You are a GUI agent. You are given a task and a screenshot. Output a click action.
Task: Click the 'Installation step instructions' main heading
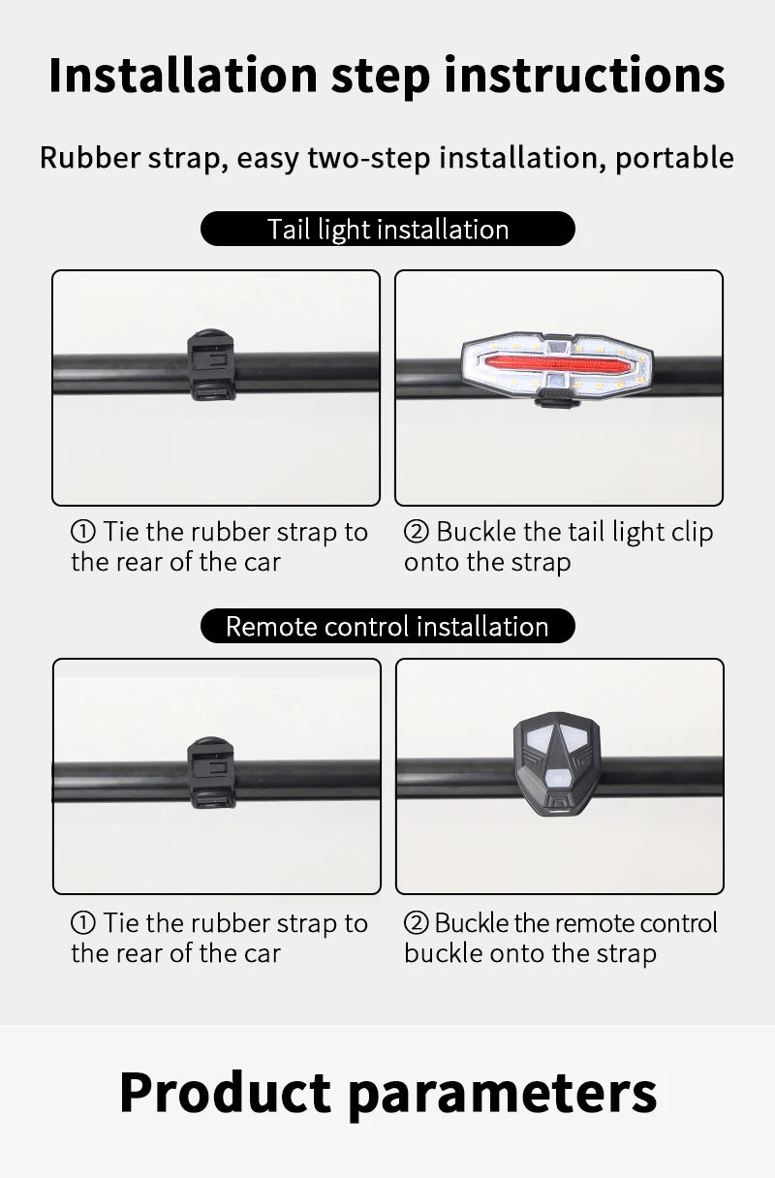[387, 76]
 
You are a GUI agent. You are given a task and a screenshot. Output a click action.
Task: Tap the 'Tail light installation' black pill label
[387, 229]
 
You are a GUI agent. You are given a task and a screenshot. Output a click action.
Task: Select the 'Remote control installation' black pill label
[387, 626]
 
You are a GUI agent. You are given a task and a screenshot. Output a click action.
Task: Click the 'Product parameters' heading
[387, 1092]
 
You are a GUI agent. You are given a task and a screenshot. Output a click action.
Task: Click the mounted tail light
[558, 366]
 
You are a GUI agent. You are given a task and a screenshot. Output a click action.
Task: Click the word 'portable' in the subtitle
[674, 157]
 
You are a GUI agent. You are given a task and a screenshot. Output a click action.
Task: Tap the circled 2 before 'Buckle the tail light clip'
[416, 532]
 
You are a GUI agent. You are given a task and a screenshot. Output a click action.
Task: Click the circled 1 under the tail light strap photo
[83, 532]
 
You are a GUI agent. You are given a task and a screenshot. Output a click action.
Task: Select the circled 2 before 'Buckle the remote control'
[415, 923]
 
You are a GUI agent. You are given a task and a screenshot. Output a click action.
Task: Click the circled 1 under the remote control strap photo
[83, 923]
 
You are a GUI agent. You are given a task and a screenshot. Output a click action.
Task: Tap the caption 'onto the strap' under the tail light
[487, 563]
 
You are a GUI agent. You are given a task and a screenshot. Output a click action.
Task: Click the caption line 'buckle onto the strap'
[530, 953]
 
